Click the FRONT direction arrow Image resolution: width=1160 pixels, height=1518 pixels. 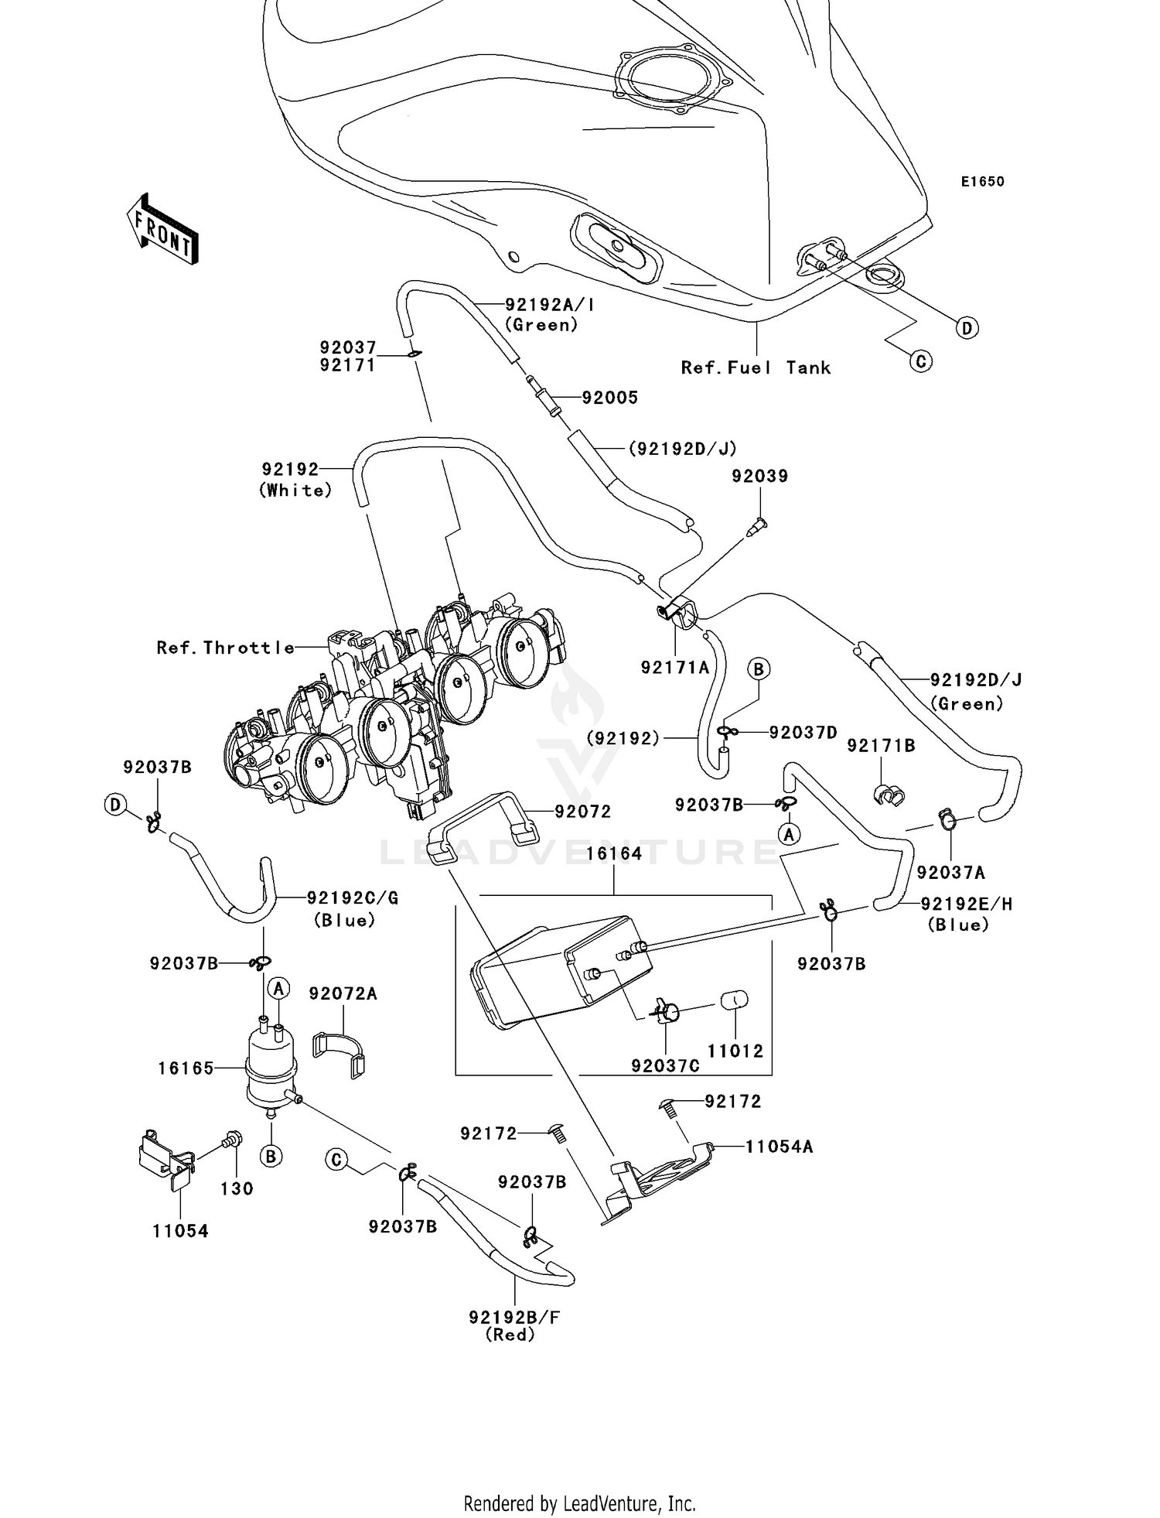162,231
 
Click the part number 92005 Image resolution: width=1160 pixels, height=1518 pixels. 609,398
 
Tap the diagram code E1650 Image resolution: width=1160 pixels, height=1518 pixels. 982,182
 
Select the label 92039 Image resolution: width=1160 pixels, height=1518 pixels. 759,477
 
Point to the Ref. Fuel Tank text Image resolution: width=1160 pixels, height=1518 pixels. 756,368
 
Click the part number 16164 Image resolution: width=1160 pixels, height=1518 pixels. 614,854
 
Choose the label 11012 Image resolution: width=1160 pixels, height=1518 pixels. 735,1051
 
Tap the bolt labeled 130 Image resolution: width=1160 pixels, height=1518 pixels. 230,1138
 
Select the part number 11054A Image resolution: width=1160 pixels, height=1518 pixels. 779,1147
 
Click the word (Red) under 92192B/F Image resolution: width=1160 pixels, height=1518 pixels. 510,1335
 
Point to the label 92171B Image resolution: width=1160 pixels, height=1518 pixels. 881,746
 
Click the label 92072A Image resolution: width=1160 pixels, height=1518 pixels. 343,993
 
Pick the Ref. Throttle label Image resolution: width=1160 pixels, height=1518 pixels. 225,648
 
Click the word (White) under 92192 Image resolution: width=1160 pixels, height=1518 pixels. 295,491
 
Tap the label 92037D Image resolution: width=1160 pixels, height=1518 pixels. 803,732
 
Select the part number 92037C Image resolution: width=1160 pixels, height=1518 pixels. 665,1066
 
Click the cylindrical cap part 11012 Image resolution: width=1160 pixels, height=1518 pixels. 735,1000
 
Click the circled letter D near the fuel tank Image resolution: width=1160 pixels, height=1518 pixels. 966,328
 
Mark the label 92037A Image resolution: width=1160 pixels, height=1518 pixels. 950,873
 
